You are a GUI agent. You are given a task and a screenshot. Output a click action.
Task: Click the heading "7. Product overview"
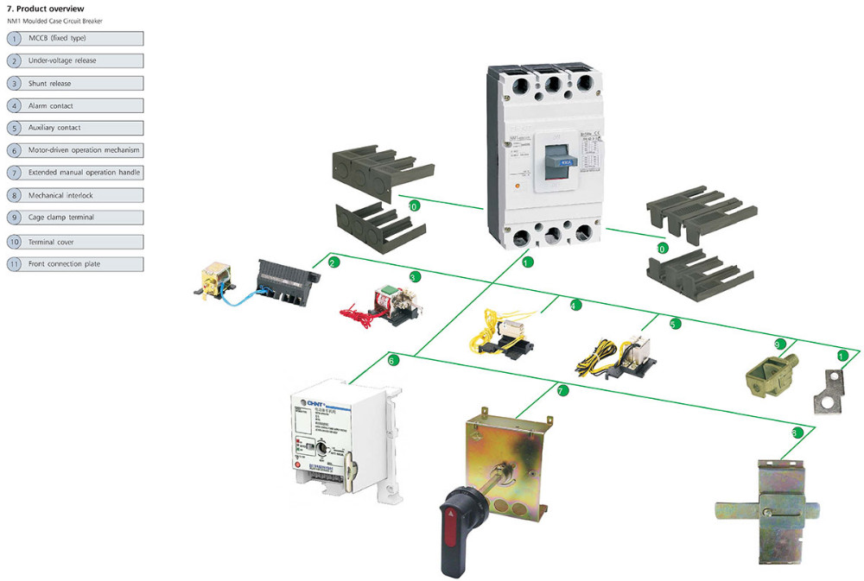(x=45, y=8)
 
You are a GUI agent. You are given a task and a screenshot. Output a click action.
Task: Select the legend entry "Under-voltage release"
(x=62, y=61)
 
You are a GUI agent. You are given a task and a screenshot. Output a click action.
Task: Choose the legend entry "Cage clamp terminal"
(x=61, y=218)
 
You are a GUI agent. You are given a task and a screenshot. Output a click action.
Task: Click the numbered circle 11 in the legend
(x=15, y=263)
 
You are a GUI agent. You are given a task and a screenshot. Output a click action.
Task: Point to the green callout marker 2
(x=334, y=261)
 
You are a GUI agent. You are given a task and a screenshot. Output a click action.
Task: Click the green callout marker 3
(x=414, y=277)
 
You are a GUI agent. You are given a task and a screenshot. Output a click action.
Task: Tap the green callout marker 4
(x=575, y=305)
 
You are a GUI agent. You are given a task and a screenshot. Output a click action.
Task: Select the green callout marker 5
(x=675, y=324)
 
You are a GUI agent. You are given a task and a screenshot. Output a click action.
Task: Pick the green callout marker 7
(x=562, y=391)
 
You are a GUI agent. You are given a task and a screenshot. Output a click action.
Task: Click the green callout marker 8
(x=797, y=432)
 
